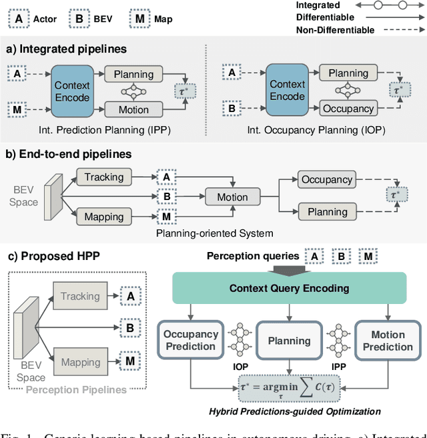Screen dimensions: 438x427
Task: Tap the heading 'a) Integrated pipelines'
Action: [x=67, y=49]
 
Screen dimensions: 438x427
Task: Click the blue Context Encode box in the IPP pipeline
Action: [x=72, y=91]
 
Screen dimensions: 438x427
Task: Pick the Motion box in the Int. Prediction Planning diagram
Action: [x=133, y=110]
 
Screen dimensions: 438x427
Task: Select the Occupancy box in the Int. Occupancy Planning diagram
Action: [x=348, y=108]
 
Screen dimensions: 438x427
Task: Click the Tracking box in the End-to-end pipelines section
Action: [x=103, y=177]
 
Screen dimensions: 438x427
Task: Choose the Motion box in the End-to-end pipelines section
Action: [x=232, y=197]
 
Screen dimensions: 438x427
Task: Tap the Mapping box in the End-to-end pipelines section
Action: [x=103, y=217]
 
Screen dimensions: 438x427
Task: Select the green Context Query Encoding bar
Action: [x=289, y=288]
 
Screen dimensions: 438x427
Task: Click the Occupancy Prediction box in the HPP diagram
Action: [x=191, y=341]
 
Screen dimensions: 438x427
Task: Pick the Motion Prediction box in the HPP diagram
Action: [x=388, y=341]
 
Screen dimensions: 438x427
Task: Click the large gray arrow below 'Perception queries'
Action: [x=289, y=269]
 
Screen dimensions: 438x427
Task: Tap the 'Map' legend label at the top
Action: [x=162, y=19]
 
